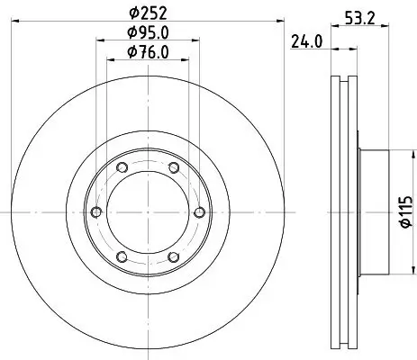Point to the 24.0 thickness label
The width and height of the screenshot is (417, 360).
pyautogui.click(x=306, y=40)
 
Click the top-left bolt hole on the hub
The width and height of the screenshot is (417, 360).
pyautogui.click(x=121, y=167)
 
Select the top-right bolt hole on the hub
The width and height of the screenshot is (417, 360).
pyautogui.click(x=172, y=167)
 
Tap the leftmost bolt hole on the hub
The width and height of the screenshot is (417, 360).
pyautogui.click(x=95, y=211)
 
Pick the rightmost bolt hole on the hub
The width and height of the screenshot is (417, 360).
pyautogui.click(x=197, y=211)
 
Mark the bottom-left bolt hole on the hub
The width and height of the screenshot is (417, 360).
pyautogui.click(x=121, y=255)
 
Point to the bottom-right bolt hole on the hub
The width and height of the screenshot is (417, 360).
pyautogui.click(x=172, y=255)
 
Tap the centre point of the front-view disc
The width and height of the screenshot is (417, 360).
pyautogui.click(x=147, y=211)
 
